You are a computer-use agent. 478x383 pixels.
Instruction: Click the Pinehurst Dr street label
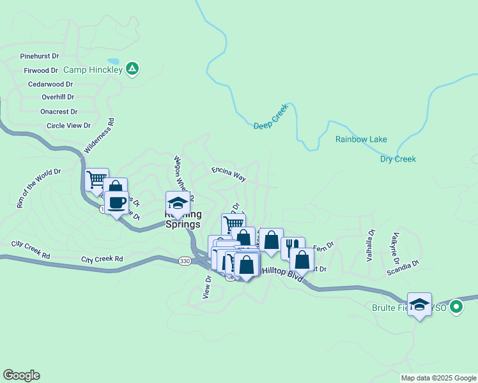tap(39, 56)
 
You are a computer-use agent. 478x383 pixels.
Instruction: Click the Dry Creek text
tap(397, 158)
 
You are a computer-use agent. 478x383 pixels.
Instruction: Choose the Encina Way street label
tap(229, 172)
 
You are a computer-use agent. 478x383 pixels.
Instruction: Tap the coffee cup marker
tap(116, 203)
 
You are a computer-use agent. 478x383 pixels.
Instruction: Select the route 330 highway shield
tap(185, 261)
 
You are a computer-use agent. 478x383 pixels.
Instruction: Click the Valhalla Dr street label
tap(369, 246)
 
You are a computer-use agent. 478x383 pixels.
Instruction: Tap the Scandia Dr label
tap(402, 268)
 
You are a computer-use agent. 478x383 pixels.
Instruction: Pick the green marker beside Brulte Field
tap(456, 308)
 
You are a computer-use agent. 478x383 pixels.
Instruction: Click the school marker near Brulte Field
tap(419, 304)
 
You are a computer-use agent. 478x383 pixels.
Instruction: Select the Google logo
tap(21, 375)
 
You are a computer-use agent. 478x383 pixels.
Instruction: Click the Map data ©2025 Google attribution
tap(438, 378)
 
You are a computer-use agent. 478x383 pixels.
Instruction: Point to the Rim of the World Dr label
tap(38, 188)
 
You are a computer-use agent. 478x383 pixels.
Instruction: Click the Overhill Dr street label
tap(58, 97)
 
